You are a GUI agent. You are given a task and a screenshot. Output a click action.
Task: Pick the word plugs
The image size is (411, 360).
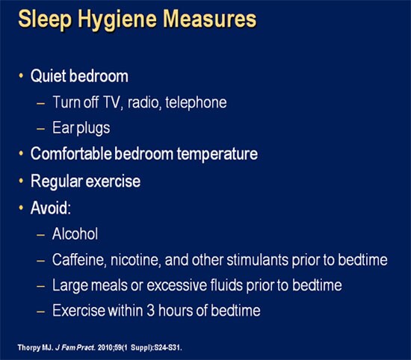click(x=92, y=128)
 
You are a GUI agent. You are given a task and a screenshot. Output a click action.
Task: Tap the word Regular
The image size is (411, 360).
click(x=55, y=181)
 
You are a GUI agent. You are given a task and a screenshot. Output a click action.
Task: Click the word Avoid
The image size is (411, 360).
click(x=48, y=207)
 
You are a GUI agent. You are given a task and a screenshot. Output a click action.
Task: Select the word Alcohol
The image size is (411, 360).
click(x=74, y=233)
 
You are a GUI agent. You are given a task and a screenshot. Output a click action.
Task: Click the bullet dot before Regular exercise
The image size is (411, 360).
click(x=20, y=181)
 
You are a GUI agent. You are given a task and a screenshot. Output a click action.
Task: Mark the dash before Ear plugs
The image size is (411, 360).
click(x=40, y=128)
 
